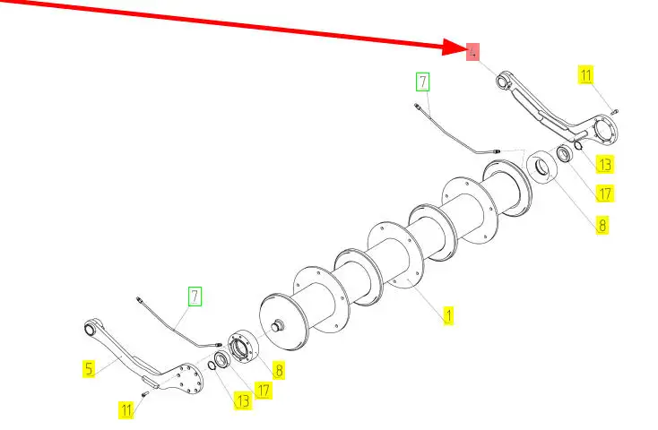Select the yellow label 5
click(89, 366)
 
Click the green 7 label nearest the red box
click(422, 82)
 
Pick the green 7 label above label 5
click(195, 295)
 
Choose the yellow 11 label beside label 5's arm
click(126, 410)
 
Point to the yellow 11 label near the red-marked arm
click(586, 75)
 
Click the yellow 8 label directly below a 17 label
click(602, 224)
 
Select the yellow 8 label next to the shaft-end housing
click(278, 368)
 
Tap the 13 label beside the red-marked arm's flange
click(605, 165)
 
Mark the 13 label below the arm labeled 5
click(243, 400)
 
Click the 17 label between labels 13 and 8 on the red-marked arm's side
click(604, 193)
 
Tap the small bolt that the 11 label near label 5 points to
click(145, 394)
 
